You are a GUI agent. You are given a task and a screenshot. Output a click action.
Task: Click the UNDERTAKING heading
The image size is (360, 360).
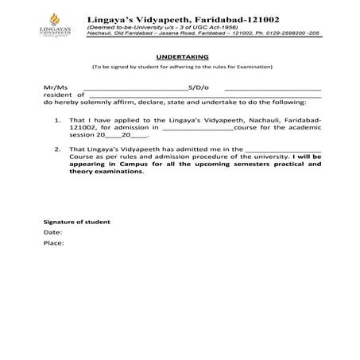[182, 58]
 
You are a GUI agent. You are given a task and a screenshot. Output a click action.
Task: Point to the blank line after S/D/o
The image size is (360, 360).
[272, 88]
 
